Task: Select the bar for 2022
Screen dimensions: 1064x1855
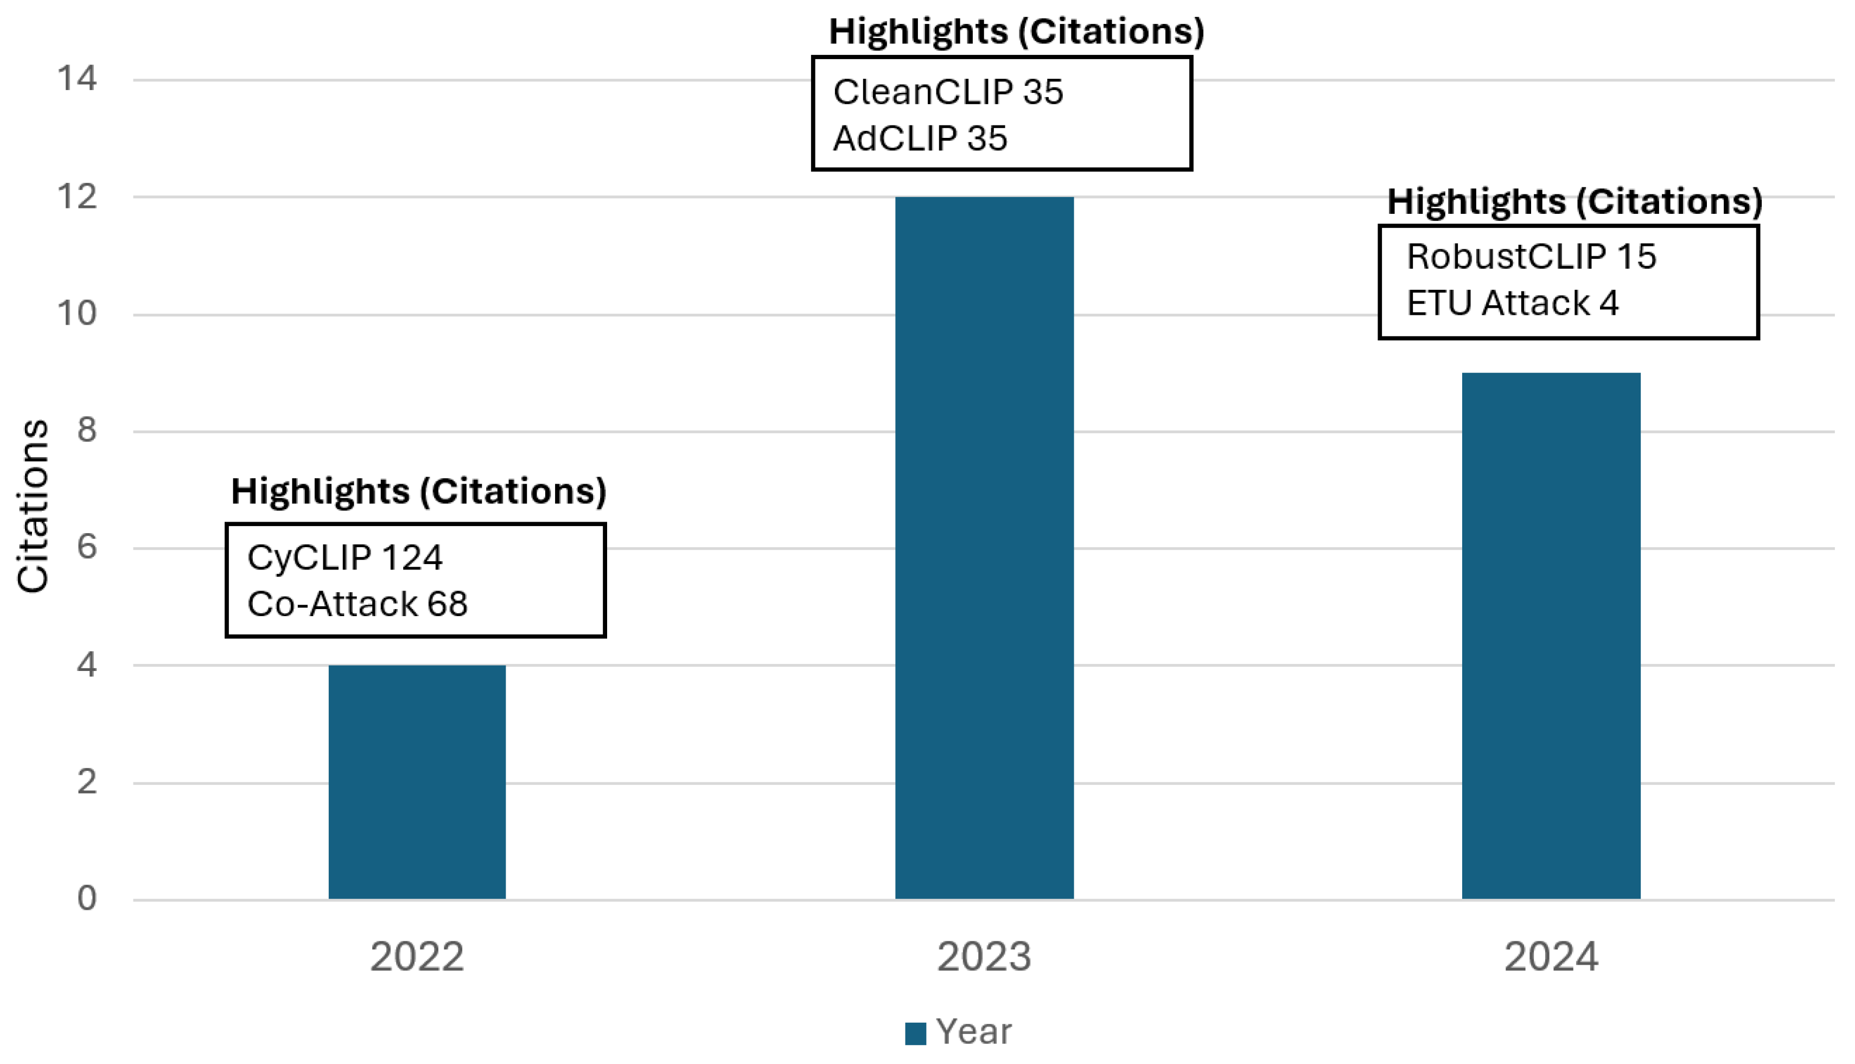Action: [417, 782]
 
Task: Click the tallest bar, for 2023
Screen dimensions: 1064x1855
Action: [984, 548]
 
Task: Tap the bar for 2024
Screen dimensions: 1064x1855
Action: [1551, 636]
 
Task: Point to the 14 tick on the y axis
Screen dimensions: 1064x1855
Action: [78, 78]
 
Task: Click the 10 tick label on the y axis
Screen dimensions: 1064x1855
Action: [78, 314]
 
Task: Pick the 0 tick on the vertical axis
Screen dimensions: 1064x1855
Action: [87, 898]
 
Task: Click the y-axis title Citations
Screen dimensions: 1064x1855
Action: [33, 506]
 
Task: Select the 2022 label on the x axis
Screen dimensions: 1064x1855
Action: [417, 957]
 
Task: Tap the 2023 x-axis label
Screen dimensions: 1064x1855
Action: [984, 957]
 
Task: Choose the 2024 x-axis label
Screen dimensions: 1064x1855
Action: [1551, 957]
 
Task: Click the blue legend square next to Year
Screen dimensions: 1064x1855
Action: [915, 1033]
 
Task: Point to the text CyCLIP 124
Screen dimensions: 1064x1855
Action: [345, 558]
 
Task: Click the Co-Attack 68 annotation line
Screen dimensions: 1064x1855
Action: [357, 604]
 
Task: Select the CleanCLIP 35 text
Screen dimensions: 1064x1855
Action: [948, 92]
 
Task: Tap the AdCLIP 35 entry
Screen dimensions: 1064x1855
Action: [920, 138]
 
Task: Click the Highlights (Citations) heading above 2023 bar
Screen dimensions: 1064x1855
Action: [1016, 31]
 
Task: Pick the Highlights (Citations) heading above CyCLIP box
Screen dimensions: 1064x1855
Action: [418, 491]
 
